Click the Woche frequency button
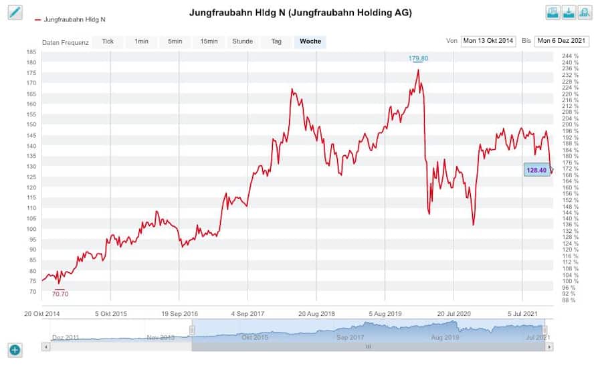(x=310, y=41)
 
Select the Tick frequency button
(x=108, y=41)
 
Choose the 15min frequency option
(x=209, y=41)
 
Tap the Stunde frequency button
(x=242, y=41)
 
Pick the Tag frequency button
(x=276, y=41)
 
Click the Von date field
(x=488, y=41)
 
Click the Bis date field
(x=562, y=41)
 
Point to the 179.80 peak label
(x=419, y=59)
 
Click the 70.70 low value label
(x=60, y=294)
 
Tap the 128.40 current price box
(x=536, y=171)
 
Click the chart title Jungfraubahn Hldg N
(x=300, y=13)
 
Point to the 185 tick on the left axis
(x=31, y=52)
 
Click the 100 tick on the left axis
(x=31, y=229)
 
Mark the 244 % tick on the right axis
(x=571, y=56)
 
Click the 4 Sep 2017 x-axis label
(x=248, y=313)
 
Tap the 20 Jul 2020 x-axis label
(x=454, y=313)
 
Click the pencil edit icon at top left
(x=15, y=12)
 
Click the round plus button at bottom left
(x=15, y=349)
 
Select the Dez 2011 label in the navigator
(x=65, y=338)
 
